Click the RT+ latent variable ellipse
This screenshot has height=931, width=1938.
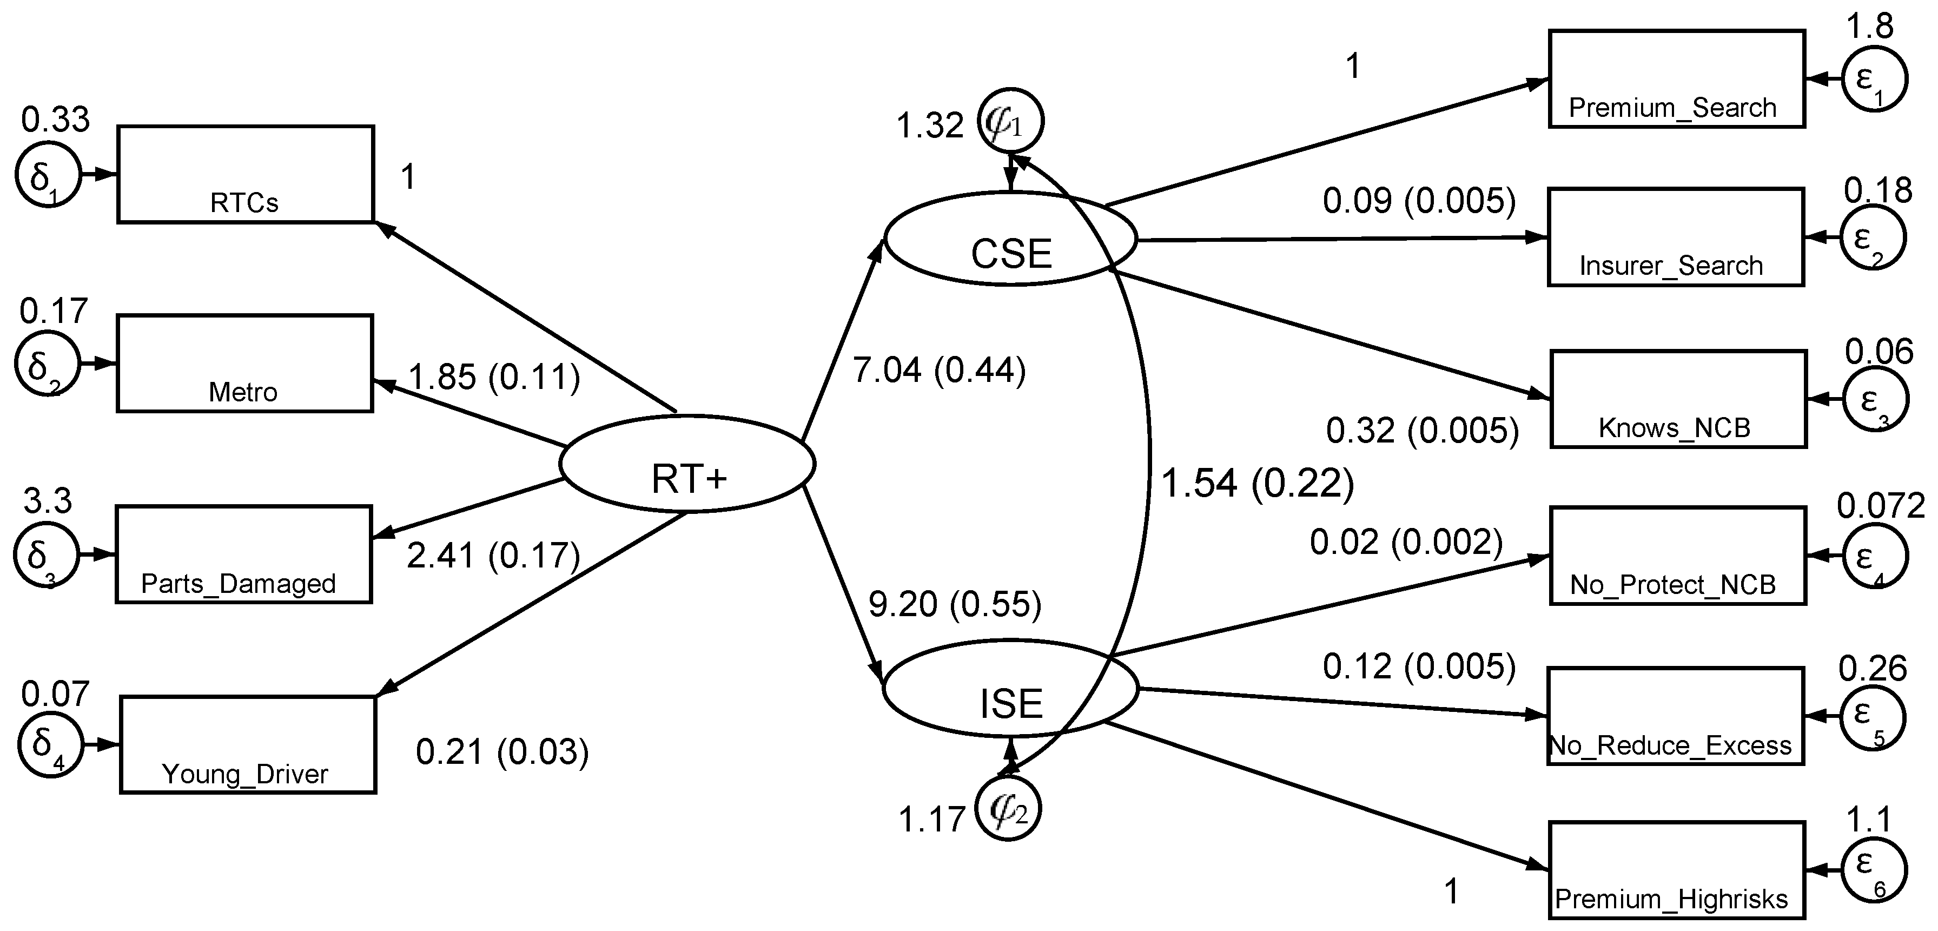[x=687, y=464]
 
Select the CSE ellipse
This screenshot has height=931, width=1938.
[x=1010, y=239]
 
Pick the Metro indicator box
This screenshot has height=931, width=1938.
[x=244, y=363]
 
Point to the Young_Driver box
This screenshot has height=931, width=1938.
[x=248, y=744]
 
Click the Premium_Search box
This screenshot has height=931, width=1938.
[x=1676, y=79]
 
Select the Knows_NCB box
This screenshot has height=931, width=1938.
[x=1678, y=399]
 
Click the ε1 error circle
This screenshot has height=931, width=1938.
[x=1874, y=79]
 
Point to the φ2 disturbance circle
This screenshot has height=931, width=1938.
[x=1007, y=809]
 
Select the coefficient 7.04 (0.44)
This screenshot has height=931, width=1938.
[x=939, y=371]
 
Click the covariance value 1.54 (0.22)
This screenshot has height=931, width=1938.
[x=1257, y=483]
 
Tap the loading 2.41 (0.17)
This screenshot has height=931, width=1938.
[x=493, y=556]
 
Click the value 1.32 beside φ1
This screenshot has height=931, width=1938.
[x=929, y=126]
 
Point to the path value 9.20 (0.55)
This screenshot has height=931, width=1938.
[x=955, y=604]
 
